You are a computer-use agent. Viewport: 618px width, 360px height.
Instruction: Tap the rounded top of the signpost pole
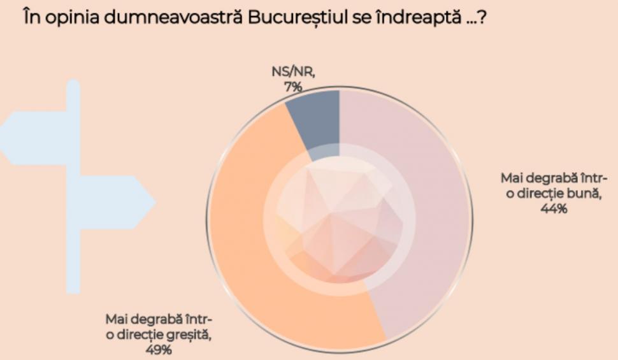coord(73,84)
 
